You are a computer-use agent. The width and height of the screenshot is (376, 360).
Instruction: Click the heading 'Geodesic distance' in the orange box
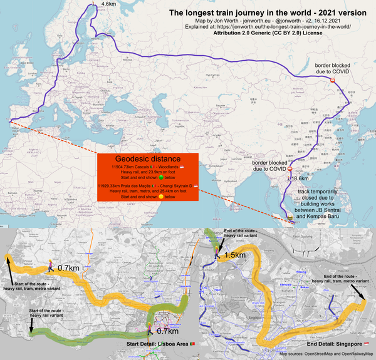coord(148,159)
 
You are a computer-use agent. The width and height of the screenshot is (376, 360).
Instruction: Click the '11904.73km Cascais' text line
coord(145,168)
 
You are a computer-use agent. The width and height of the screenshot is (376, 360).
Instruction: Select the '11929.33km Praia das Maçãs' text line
coord(148,187)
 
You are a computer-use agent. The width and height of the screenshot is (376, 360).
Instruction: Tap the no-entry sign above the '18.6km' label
coord(290,168)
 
